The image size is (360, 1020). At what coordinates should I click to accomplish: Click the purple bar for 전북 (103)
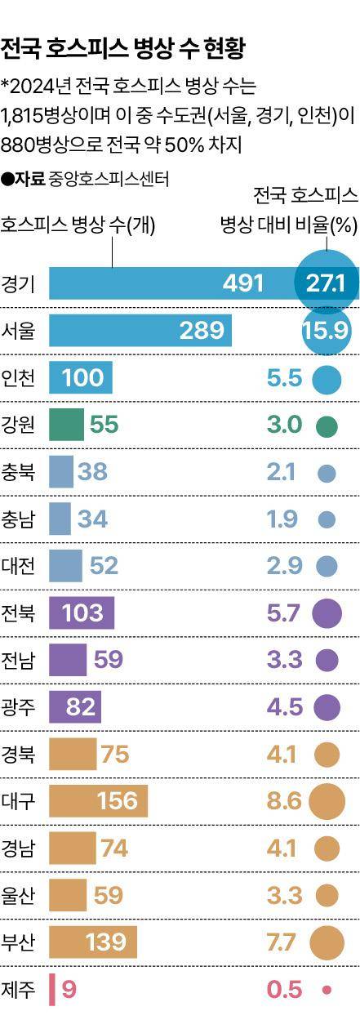click(82, 612)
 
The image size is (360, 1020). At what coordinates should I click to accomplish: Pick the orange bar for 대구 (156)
click(98, 801)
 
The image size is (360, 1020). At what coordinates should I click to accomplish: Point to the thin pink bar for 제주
click(52, 990)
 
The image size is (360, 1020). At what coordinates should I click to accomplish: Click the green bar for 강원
click(66, 425)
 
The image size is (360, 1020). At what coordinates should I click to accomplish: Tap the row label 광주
click(19, 706)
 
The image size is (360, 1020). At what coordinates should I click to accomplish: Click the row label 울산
click(19, 895)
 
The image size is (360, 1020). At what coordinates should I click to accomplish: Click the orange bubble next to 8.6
click(327, 801)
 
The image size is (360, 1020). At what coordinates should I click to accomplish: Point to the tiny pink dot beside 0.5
click(327, 990)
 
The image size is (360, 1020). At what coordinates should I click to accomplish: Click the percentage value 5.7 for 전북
click(284, 612)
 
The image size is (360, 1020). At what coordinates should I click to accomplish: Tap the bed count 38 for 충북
click(92, 471)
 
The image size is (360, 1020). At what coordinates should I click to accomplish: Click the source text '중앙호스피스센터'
click(109, 177)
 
